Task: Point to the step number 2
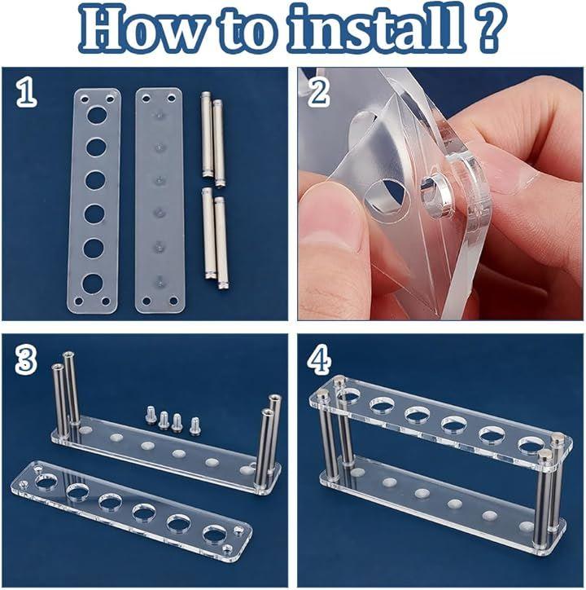(x=319, y=93)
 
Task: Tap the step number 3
(x=26, y=361)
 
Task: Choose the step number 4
(x=320, y=361)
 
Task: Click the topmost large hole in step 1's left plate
(x=97, y=115)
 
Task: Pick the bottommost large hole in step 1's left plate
(x=93, y=284)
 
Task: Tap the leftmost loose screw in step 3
(x=151, y=412)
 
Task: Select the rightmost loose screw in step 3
(x=195, y=426)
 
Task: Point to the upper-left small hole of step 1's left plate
(x=84, y=99)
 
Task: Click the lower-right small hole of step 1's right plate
(x=173, y=301)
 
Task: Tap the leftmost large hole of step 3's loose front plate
(x=46, y=482)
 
